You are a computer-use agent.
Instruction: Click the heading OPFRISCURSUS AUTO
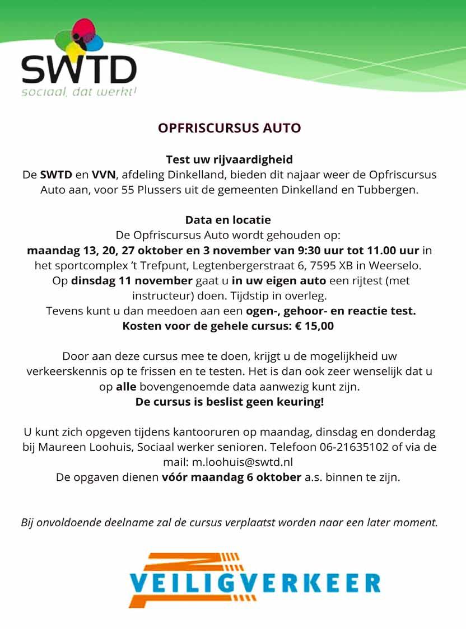[229, 128]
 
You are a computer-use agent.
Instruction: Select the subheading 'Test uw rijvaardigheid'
[229, 159]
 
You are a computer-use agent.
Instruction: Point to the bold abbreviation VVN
[103, 175]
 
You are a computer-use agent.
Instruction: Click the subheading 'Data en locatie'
[228, 220]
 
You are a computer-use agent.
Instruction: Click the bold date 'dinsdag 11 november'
[132, 280]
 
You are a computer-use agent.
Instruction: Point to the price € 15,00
[315, 326]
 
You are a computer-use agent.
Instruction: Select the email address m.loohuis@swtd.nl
[243, 462]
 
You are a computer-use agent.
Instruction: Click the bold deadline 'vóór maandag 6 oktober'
[231, 477]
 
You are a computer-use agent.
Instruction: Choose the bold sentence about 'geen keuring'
[230, 402]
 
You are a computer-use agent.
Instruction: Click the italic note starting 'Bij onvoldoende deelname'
[229, 523]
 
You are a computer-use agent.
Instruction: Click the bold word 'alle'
[126, 387]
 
